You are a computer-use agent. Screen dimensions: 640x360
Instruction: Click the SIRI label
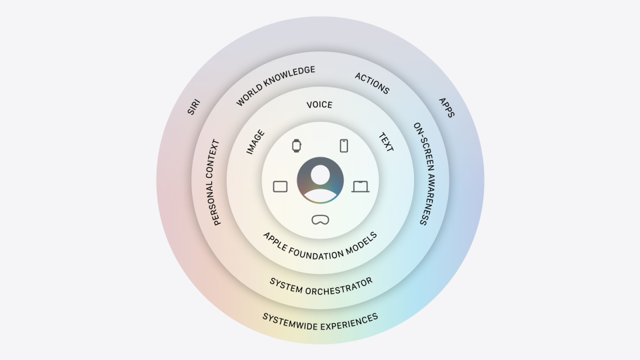pyautogui.click(x=193, y=107)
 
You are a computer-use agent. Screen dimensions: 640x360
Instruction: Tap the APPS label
pyautogui.click(x=447, y=107)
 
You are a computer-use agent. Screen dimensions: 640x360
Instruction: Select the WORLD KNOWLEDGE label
pyautogui.click(x=275, y=85)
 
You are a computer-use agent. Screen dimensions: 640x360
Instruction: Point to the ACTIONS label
pyautogui.click(x=372, y=83)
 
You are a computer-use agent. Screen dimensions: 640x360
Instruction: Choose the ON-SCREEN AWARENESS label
pyautogui.click(x=425, y=173)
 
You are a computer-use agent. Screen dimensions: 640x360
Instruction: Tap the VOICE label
pyautogui.click(x=319, y=105)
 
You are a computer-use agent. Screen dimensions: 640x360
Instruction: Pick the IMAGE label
pyautogui.click(x=255, y=141)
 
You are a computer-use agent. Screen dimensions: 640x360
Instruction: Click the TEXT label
pyautogui.click(x=386, y=142)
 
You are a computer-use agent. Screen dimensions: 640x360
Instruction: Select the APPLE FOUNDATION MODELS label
pyautogui.click(x=321, y=247)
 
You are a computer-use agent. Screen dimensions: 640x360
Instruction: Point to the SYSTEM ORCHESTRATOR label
pyautogui.click(x=321, y=287)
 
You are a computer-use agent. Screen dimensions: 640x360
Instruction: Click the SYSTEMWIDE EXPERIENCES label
pyautogui.click(x=321, y=322)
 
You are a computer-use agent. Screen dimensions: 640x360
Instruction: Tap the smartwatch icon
pyautogui.click(x=297, y=146)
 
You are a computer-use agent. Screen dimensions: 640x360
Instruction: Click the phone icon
pyautogui.click(x=344, y=146)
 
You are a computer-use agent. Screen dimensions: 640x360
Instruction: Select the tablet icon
pyautogui.click(x=280, y=187)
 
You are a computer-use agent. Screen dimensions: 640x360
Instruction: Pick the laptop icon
pyautogui.click(x=361, y=187)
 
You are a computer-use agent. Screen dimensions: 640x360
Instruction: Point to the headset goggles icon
pyautogui.click(x=321, y=220)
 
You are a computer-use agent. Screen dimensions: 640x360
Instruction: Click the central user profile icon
pyautogui.click(x=321, y=181)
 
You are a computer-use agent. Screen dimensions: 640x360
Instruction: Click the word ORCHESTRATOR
pyautogui.click(x=339, y=287)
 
